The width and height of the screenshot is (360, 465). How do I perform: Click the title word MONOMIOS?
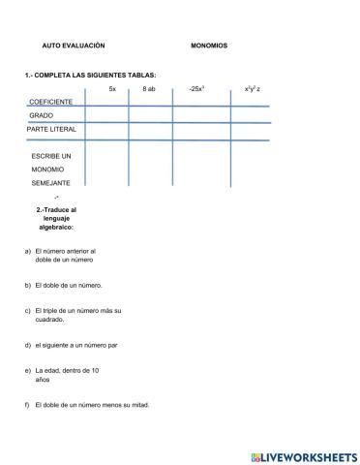coord(209,46)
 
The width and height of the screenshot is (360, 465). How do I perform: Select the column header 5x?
coord(112,88)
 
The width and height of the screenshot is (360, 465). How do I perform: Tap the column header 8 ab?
coord(149,88)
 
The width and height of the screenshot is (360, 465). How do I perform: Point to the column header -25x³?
coord(197,88)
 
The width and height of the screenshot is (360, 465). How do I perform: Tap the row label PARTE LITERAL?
coord(51,128)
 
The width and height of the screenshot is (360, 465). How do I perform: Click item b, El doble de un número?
coord(68,285)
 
